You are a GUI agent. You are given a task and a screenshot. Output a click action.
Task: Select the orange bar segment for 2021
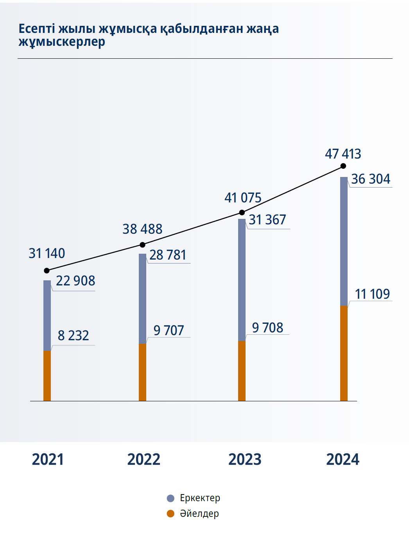point(47,375)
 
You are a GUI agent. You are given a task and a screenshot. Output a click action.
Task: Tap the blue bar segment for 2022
point(142,298)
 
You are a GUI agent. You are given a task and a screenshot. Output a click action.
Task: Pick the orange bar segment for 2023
point(242,371)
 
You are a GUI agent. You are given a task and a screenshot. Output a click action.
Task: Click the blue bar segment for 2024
point(344,241)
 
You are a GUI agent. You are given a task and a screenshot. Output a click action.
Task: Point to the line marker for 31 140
point(47,271)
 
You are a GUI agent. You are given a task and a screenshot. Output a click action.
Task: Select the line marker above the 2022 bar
point(142,245)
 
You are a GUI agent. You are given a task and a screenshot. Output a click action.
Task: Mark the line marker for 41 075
point(242,212)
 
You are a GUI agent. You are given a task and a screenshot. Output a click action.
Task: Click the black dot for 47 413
point(343,166)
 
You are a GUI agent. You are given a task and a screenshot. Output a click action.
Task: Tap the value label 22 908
point(75,281)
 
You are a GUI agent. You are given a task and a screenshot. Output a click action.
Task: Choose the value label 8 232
point(73,336)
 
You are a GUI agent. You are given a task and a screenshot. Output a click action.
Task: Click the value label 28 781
point(168,255)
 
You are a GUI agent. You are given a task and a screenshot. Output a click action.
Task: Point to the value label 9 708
point(267,328)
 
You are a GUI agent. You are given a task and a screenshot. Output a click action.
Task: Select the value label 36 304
point(371,179)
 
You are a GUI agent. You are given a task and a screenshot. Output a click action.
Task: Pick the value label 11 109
point(372,294)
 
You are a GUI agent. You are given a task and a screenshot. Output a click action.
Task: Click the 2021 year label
point(48,459)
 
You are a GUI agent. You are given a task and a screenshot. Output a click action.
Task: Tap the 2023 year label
point(245,459)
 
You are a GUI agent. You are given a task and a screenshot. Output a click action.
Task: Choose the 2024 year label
point(343,459)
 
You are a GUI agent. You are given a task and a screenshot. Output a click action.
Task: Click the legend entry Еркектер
point(200,498)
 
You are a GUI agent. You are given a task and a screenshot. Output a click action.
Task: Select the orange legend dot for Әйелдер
point(170,514)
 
